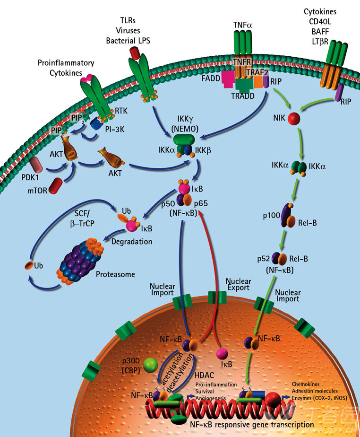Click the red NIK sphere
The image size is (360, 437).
pos(294,118)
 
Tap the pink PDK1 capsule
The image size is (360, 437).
pos(36,165)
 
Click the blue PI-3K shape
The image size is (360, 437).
pos(96,123)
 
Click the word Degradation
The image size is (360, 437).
pos(132,241)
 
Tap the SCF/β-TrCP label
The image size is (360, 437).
pos(82,218)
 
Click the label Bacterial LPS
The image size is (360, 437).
pos(128,41)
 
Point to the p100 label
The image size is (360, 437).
pos(272,216)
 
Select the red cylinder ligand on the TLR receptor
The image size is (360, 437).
pos(135,53)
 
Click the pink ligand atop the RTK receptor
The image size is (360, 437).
pos(86,79)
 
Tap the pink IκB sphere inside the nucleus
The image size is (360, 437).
pos(222,354)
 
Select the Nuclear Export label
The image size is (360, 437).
pos(238,284)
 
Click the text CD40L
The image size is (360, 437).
pos(320,22)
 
